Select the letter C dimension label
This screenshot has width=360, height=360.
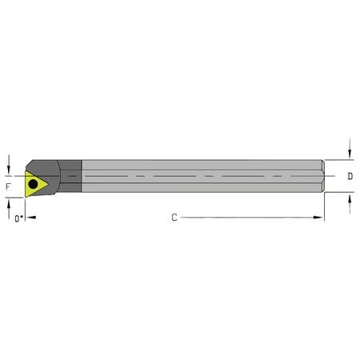point(174,217)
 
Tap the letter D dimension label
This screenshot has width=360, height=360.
point(350,175)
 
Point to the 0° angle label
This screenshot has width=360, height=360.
point(18,217)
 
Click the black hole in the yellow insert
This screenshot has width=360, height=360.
point(33,185)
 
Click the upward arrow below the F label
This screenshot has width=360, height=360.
point(9,201)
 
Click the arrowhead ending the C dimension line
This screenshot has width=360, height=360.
point(320,217)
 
